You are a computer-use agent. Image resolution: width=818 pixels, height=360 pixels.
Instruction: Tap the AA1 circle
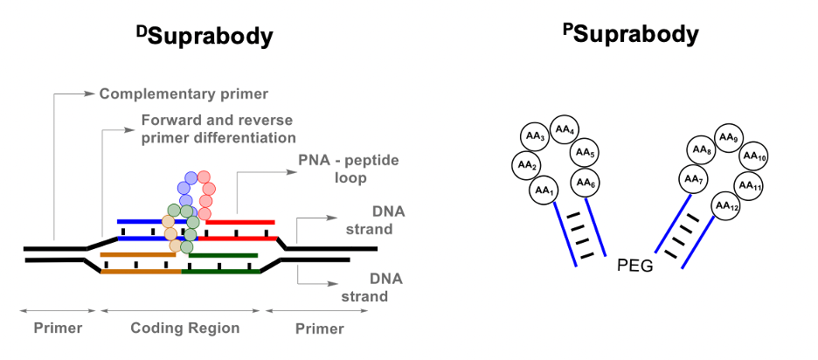click(544, 190)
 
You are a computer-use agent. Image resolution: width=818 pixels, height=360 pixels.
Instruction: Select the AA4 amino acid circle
click(564, 131)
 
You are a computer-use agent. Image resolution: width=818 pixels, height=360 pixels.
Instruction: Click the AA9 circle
click(728, 137)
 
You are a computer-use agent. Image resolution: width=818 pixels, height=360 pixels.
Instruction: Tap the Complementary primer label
click(183, 93)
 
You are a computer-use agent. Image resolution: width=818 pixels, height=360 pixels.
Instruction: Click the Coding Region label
click(184, 329)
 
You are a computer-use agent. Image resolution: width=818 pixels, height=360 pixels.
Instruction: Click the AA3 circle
click(535, 138)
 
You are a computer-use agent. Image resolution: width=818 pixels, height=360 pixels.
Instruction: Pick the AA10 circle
click(754, 158)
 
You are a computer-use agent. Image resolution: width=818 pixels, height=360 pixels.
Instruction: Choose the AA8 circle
click(702, 150)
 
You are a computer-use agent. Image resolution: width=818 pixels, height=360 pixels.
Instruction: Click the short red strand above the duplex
click(240, 223)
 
